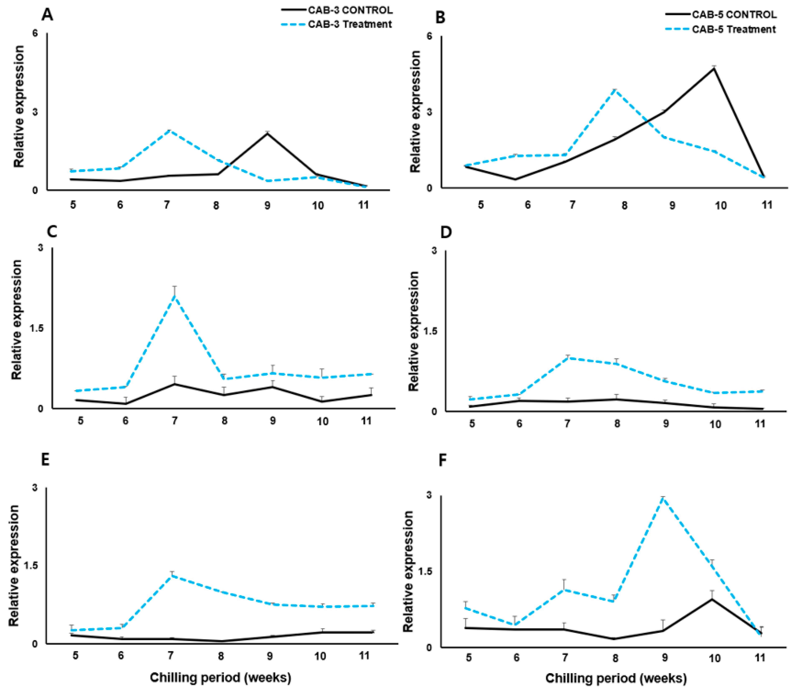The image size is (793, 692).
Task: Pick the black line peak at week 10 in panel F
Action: click(x=712, y=599)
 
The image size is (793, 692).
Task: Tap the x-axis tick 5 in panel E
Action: click(x=76, y=655)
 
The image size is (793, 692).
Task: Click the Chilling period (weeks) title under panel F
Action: click(x=616, y=678)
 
